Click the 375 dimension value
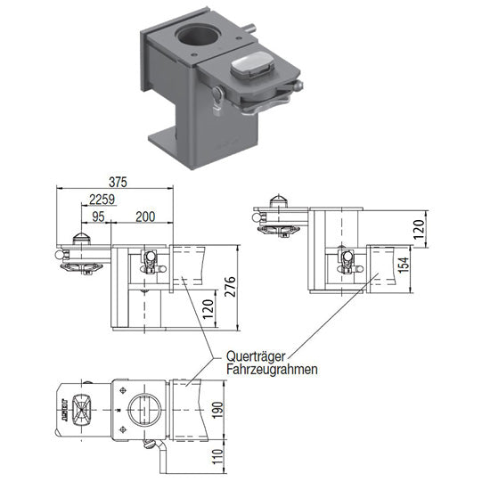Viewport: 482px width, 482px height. click(117, 181)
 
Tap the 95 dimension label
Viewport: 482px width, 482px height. click(97, 216)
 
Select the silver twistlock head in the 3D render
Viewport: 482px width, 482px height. click(252, 66)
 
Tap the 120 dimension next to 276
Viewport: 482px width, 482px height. click(206, 309)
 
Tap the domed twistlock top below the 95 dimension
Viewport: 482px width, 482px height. click(81, 236)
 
